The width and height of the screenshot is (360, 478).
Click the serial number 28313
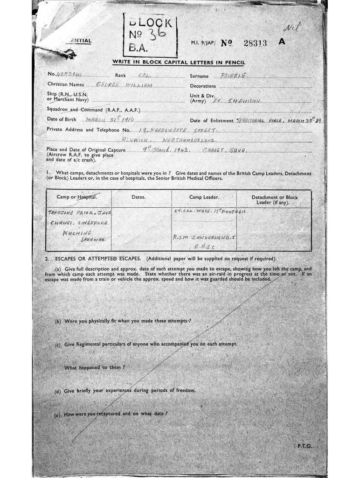point(255,43)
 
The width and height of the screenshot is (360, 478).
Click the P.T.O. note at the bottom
point(305,446)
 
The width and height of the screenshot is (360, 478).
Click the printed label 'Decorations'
point(203,86)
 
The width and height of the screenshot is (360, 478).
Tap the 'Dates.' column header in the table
point(138,197)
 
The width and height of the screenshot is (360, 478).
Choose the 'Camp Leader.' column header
point(204,197)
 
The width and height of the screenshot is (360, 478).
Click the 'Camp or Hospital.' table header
point(77,197)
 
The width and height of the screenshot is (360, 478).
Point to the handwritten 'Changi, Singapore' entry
point(78,223)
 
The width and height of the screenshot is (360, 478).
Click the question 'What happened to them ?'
point(95,367)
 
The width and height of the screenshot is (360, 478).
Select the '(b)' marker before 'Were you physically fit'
point(58,322)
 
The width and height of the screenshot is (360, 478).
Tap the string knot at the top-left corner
point(69,55)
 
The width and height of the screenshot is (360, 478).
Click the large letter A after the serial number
point(281,41)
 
